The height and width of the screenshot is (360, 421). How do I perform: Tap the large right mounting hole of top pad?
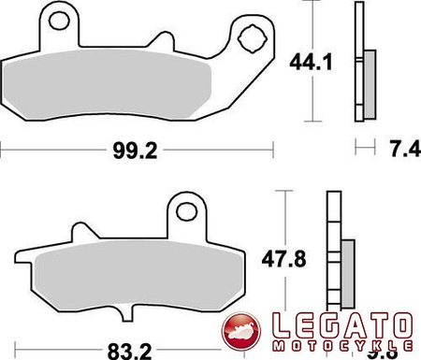tap(252, 38)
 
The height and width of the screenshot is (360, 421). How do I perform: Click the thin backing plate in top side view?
tap(357, 61)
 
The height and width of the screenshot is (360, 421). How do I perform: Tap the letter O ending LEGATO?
tap(399, 327)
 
